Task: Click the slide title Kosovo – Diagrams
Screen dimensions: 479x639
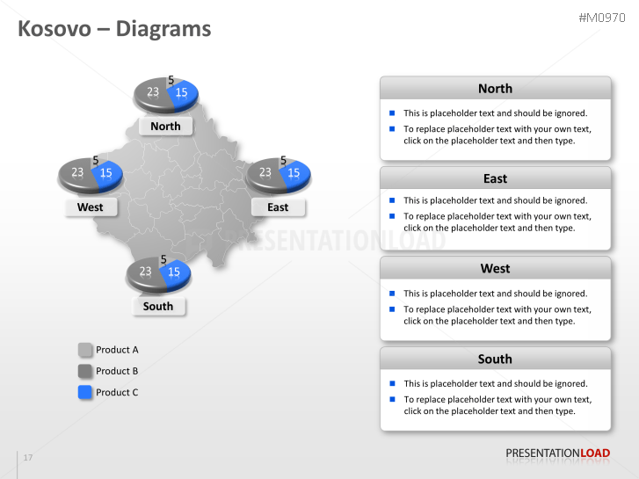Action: click(115, 29)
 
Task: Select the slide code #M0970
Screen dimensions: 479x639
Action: click(606, 18)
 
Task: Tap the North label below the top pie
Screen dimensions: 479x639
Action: click(165, 126)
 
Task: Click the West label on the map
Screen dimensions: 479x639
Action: click(90, 207)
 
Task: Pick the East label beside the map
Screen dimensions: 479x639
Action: click(278, 207)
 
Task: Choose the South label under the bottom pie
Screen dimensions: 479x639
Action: click(158, 306)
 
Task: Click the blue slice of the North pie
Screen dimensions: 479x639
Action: click(183, 93)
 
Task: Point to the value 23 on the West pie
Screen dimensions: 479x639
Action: click(77, 172)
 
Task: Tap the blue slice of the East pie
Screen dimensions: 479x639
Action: click(294, 173)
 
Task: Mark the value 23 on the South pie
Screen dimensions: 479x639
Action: click(145, 272)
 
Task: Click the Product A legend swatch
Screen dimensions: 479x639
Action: click(85, 350)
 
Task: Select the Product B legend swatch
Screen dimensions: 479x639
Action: click(85, 371)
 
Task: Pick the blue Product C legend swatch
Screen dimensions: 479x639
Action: click(85, 392)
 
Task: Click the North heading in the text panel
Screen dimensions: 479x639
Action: click(495, 88)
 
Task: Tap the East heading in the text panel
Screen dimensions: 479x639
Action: click(495, 178)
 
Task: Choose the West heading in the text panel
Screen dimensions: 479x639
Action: click(495, 268)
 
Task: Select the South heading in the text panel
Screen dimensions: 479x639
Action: click(495, 359)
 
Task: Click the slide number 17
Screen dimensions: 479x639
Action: click(28, 458)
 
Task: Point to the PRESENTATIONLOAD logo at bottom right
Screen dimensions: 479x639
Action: click(557, 454)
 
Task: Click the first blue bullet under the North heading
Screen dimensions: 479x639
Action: click(392, 112)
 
